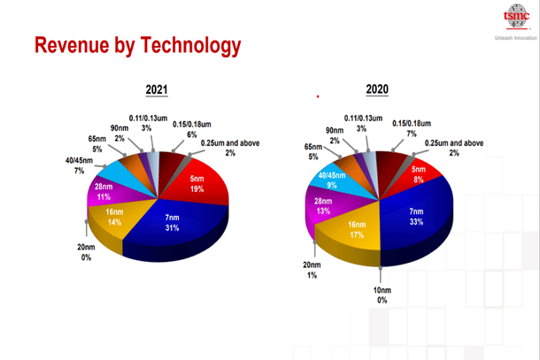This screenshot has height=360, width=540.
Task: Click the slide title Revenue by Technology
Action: (137, 45)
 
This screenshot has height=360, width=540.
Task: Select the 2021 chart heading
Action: (158, 90)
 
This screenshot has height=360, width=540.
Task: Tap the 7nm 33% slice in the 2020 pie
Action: (413, 217)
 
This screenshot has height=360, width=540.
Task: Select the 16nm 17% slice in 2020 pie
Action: (353, 232)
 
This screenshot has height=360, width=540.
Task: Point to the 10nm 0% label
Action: (382, 295)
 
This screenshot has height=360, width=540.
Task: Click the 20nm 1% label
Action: (312, 270)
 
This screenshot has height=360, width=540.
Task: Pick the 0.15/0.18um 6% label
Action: (191, 129)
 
